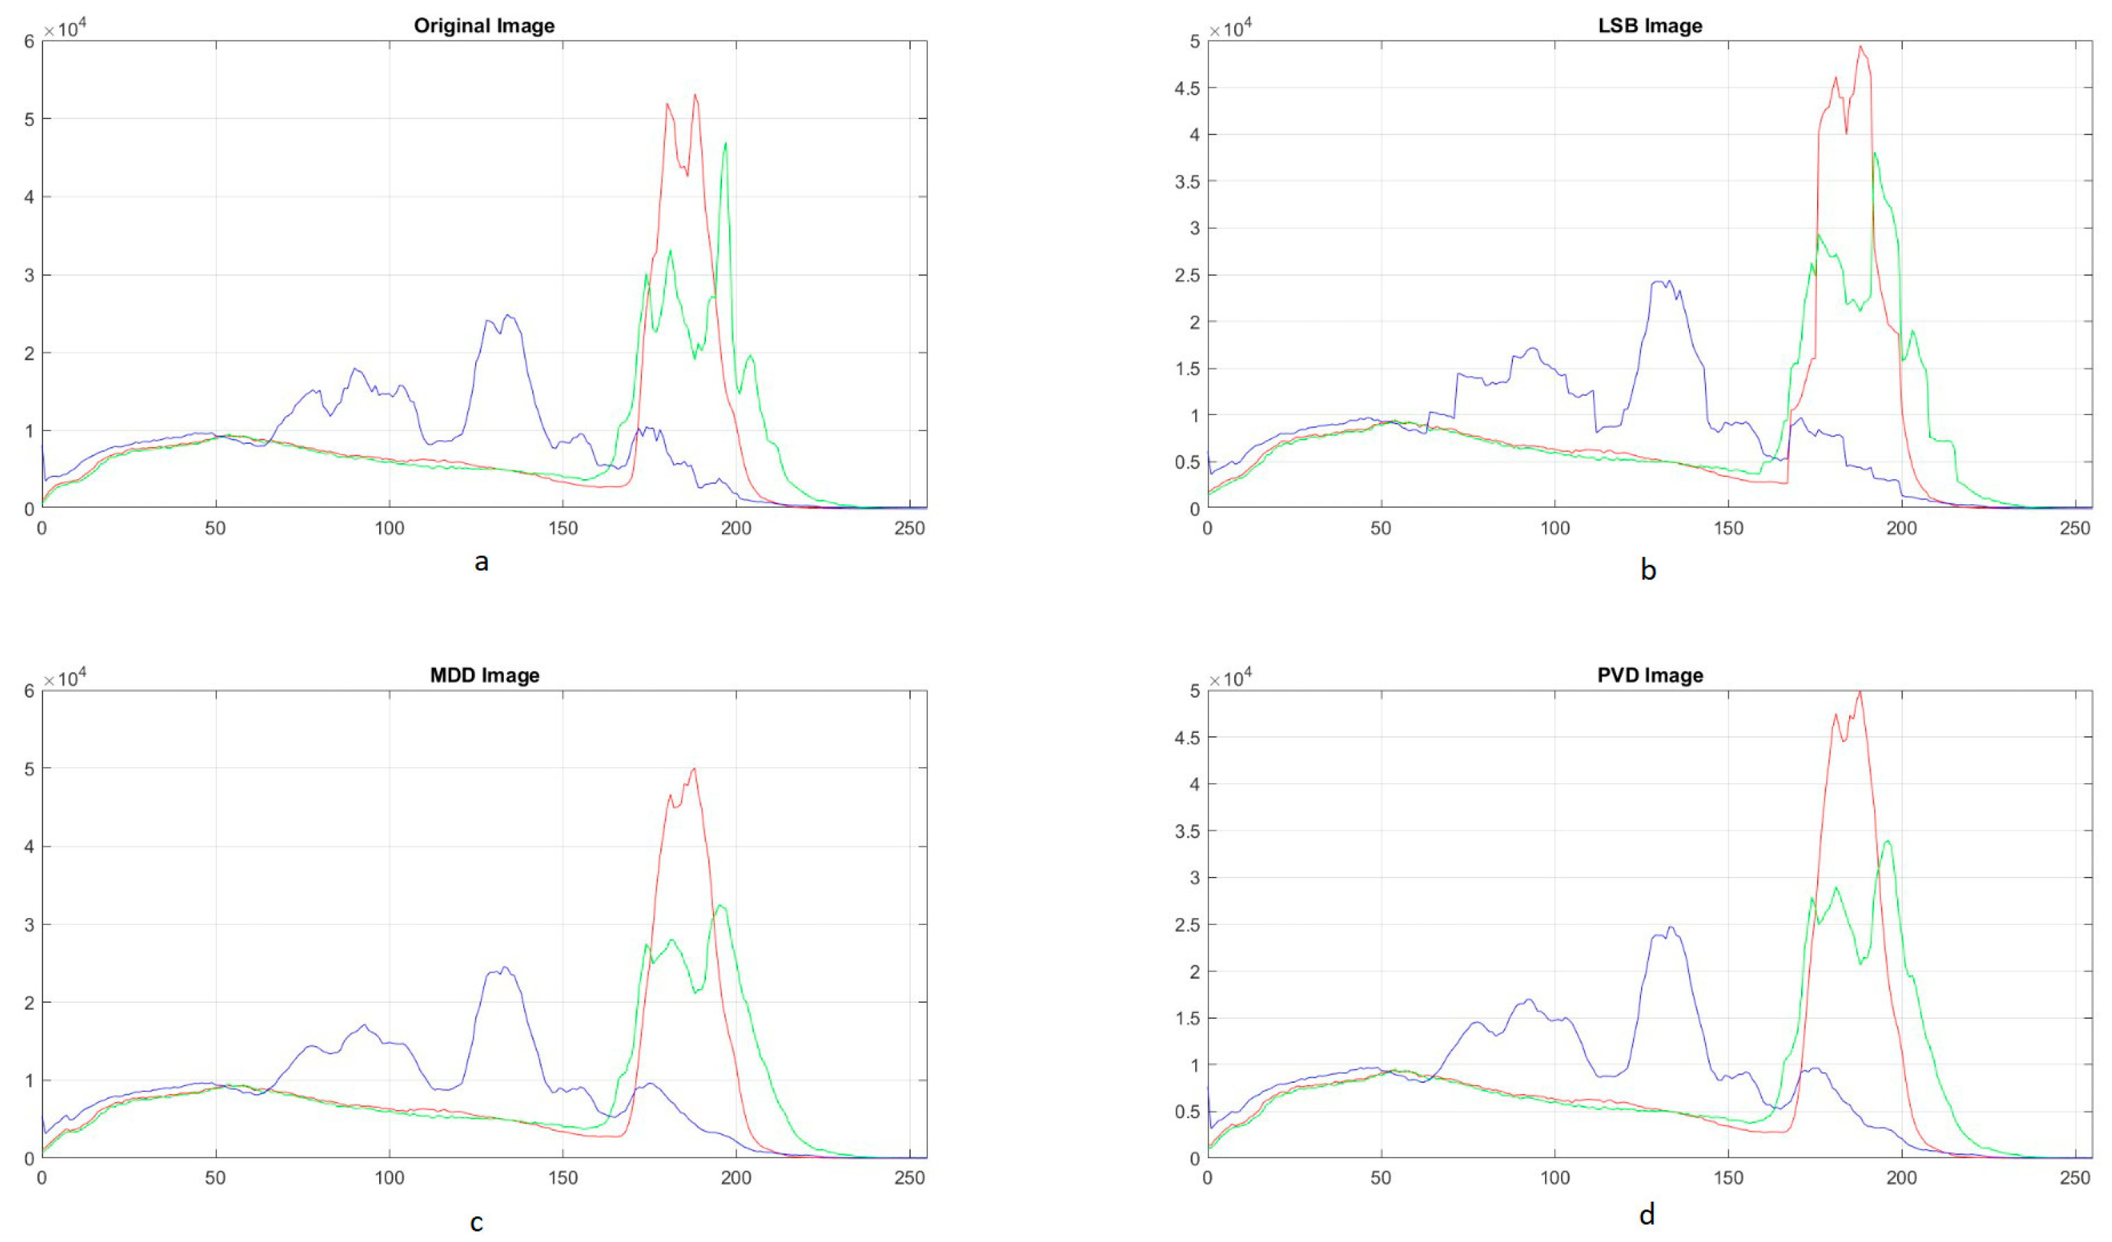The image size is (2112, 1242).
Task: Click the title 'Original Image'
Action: tap(483, 26)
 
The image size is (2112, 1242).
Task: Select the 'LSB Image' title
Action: tap(1649, 26)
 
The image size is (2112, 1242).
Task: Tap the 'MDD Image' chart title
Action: tap(484, 675)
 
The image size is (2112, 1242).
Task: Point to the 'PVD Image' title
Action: tap(1649, 675)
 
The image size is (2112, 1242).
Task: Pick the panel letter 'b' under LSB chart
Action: tap(1648, 570)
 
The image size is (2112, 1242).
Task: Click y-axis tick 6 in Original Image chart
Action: tap(29, 42)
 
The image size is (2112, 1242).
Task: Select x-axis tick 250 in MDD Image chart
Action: tap(909, 1178)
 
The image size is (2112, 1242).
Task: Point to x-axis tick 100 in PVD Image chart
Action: tap(1555, 1178)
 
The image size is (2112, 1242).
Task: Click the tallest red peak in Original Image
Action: tap(695, 95)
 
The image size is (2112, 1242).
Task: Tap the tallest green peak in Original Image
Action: tap(726, 143)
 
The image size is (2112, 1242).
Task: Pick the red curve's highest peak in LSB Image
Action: tap(1859, 47)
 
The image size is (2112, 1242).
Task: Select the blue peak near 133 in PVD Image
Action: tap(1670, 928)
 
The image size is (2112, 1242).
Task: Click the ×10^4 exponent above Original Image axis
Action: tap(65, 29)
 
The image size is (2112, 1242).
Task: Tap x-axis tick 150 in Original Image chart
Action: tap(562, 529)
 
